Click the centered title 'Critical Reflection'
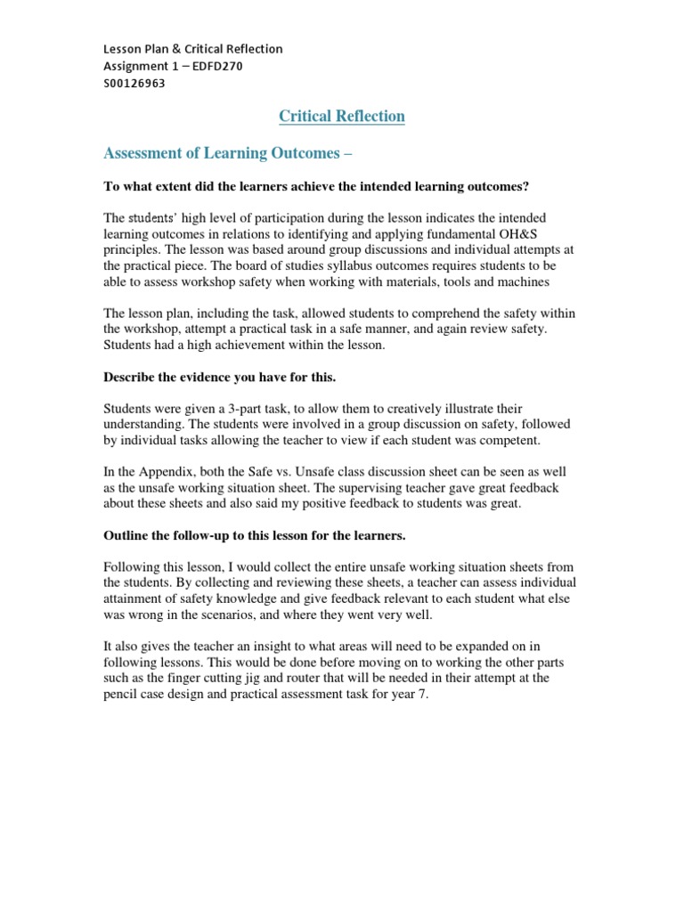[342, 117]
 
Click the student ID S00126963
[134, 83]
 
